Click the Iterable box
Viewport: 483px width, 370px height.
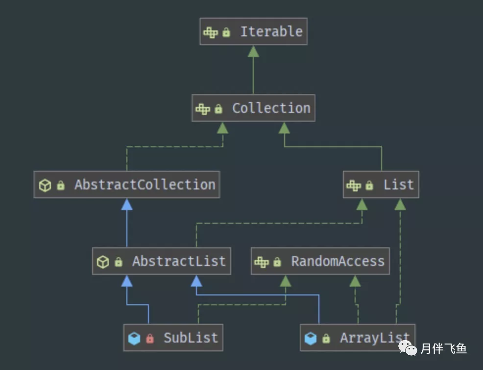pos(253,31)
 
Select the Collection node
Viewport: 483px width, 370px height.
pos(253,108)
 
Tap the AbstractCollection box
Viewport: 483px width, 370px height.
pos(126,185)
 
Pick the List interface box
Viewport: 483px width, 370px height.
pos(381,185)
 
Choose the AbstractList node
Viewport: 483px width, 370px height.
pos(162,261)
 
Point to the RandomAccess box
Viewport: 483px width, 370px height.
pos(320,261)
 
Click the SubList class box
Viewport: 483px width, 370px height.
pos(173,338)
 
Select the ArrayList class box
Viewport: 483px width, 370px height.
pos(358,338)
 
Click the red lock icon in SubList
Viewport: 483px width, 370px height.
pos(150,338)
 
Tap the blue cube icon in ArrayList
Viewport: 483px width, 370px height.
pos(311,338)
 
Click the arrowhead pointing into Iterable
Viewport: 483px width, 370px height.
pos(253,51)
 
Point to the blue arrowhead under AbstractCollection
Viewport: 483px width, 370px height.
pos(127,204)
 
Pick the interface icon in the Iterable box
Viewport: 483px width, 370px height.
pos(211,32)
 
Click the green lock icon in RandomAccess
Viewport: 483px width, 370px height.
pos(277,262)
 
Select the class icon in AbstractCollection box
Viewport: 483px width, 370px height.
pos(45,185)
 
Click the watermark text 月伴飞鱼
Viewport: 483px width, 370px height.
pos(443,349)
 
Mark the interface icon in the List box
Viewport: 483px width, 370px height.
pos(354,185)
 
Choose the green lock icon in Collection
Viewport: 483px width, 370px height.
pos(218,109)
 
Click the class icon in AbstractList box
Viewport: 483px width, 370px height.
pos(103,262)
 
